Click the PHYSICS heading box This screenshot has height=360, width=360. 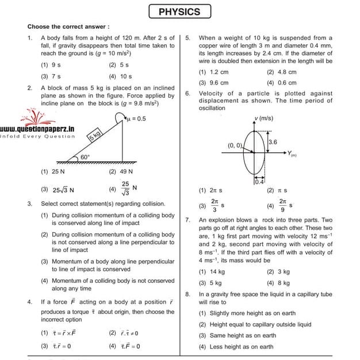click(179, 12)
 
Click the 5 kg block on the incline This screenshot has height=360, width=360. click(94, 136)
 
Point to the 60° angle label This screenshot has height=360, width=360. click(85, 156)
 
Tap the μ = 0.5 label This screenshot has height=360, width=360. click(136, 118)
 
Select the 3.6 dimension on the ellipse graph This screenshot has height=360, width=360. click(273, 142)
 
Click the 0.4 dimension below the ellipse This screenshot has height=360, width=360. click(259, 182)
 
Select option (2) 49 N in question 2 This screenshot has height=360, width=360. click(121, 171)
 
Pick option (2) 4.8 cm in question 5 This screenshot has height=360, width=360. click(281, 72)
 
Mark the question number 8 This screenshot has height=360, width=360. click(188, 294)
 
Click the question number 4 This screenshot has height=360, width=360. click(29, 302)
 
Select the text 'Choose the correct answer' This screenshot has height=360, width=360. click(68, 26)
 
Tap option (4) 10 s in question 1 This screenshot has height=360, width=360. click(120, 76)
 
